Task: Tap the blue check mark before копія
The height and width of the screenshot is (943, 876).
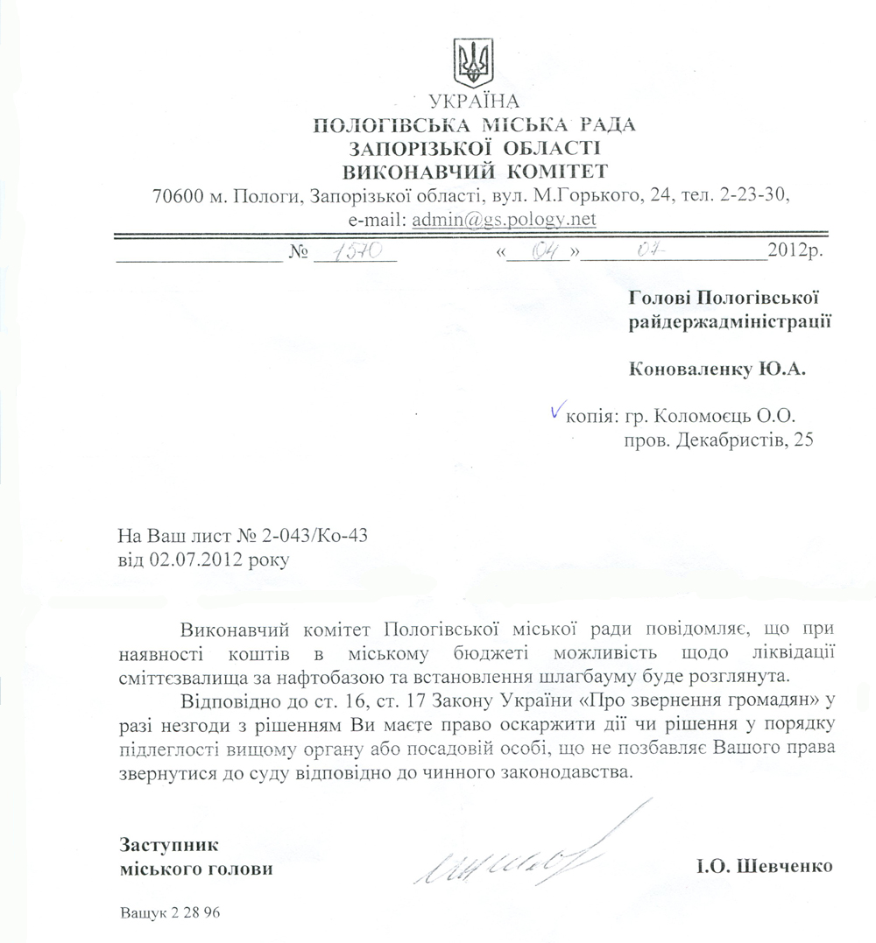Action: (x=555, y=409)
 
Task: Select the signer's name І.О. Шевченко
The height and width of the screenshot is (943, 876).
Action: (x=763, y=869)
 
